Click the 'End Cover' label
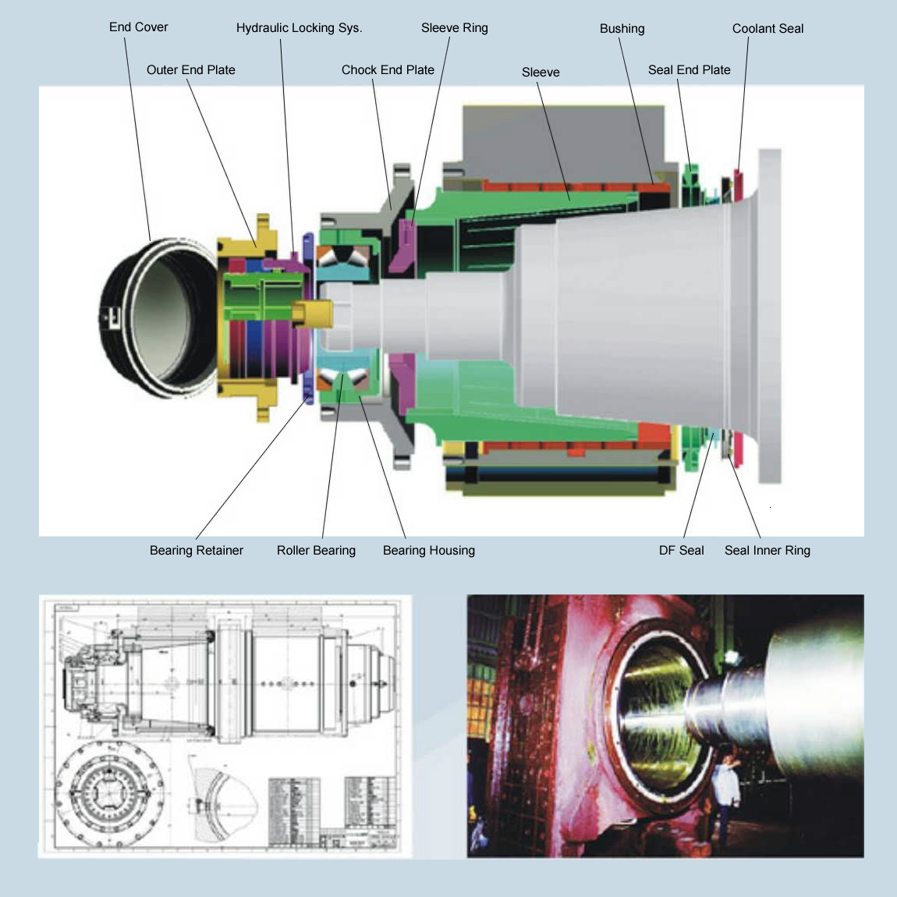click(138, 27)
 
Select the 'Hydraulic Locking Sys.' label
click(299, 28)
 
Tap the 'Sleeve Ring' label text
click(454, 28)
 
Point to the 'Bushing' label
click(622, 29)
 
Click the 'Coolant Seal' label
click(768, 29)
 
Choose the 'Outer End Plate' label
click(190, 70)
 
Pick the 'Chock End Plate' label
click(388, 70)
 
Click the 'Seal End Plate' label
click(689, 70)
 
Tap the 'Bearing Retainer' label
click(196, 551)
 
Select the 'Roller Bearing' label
click(316, 551)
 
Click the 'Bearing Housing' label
click(428, 551)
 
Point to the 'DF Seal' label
click(681, 551)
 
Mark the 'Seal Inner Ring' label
click(767, 551)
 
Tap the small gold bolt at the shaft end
click(312, 314)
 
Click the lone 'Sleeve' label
click(541, 73)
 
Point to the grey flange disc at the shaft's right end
click(769, 316)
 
